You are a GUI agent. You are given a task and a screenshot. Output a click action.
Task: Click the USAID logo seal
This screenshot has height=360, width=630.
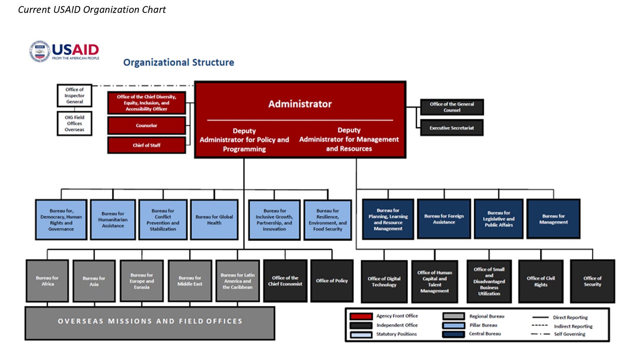click(40, 51)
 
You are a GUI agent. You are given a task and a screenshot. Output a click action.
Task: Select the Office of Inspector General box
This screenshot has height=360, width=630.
click(74, 96)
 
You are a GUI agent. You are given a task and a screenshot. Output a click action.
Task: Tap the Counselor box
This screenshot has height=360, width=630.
click(147, 125)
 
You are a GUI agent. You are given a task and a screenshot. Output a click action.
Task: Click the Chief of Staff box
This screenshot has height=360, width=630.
click(147, 145)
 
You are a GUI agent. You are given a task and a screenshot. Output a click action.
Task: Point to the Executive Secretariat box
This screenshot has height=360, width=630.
click(452, 128)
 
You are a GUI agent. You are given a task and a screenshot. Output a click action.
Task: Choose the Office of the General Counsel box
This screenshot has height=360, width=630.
click(452, 107)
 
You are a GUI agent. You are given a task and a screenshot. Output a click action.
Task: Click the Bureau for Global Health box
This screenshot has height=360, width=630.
click(214, 220)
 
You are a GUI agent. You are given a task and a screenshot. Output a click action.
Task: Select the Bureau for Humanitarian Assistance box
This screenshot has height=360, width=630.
click(113, 220)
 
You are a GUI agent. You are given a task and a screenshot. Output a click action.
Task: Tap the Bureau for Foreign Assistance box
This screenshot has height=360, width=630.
click(444, 219)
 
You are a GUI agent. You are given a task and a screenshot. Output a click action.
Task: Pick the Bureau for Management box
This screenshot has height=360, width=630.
click(553, 219)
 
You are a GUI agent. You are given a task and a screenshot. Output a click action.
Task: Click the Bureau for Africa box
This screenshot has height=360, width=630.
click(47, 281)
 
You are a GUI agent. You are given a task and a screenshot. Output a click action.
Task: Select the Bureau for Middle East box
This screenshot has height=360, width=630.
click(190, 281)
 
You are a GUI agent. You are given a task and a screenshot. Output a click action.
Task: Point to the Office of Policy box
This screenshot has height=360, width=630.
click(332, 281)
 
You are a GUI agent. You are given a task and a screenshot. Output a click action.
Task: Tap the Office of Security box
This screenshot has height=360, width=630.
click(592, 281)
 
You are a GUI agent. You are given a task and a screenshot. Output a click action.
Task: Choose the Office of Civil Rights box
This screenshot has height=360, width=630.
click(541, 281)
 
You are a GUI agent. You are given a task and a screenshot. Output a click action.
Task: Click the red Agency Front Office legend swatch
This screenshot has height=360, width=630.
click(361, 316)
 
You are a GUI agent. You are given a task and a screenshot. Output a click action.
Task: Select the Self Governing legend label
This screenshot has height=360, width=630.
click(569, 334)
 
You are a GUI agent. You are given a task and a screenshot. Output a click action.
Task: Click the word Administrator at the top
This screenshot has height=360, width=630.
click(300, 104)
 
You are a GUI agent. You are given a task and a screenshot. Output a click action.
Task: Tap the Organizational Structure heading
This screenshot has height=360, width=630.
click(179, 62)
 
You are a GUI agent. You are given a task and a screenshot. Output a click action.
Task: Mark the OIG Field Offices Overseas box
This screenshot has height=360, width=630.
click(74, 123)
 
